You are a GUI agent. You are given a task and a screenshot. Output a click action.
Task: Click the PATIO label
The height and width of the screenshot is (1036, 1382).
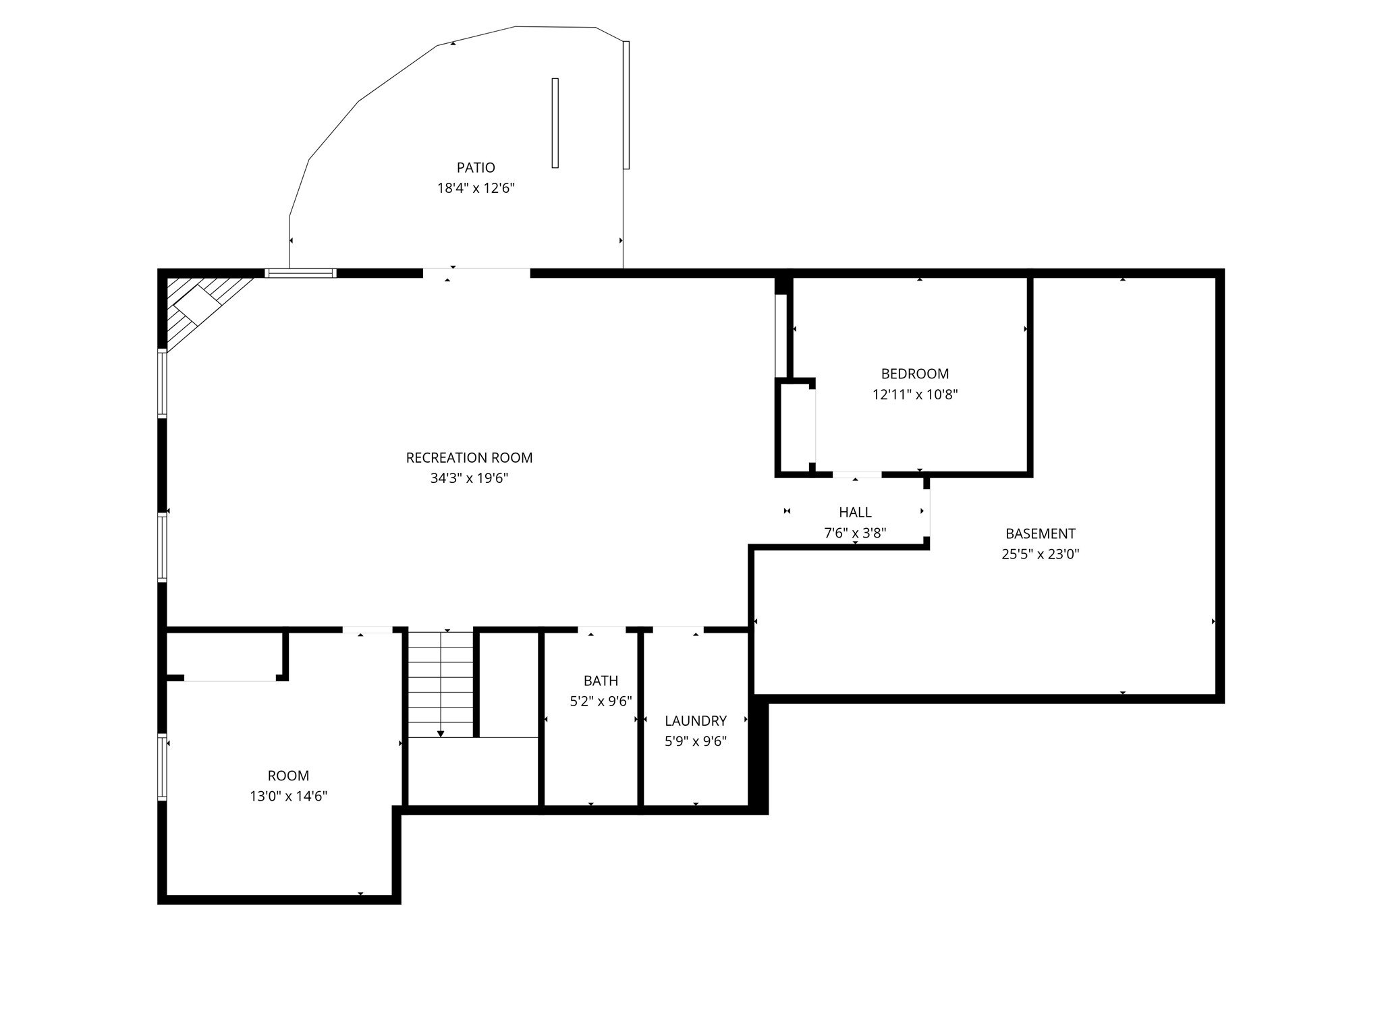pyautogui.click(x=476, y=167)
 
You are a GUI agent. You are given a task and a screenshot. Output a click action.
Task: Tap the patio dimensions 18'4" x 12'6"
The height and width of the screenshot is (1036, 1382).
pyautogui.click(x=476, y=188)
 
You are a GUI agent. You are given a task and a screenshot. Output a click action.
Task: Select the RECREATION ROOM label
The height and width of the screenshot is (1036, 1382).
pyautogui.click(x=469, y=458)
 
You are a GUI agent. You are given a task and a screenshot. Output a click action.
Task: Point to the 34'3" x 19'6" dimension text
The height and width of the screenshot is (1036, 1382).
pyautogui.click(x=469, y=479)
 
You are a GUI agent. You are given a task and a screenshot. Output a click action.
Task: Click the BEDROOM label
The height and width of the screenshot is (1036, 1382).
pyautogui.click(x=914, y=374)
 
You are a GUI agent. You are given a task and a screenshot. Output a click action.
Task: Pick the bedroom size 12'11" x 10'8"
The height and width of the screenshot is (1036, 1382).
pyautogui.click(x=914, y=395)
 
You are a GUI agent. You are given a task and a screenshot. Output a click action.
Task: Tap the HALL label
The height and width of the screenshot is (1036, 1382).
pyautogui.click(x=855, y=513)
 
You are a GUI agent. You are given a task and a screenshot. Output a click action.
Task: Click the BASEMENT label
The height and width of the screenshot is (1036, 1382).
pyautogui.click(x=1040, y=534)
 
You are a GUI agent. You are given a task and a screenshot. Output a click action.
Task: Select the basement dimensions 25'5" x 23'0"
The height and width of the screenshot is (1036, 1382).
pyautogui.click(x=1040, y=554)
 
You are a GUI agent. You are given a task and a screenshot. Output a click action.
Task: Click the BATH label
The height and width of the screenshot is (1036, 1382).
pyautogui.click(x=601, y=681)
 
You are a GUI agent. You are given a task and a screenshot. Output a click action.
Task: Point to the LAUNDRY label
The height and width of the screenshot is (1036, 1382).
pyautogui.click(x=695, y=721)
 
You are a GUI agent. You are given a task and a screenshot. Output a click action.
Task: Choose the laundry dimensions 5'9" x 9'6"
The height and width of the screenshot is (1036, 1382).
pyautogui.click(x=695, y=742)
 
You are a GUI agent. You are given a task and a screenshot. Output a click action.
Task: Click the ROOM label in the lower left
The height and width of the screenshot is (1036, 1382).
pyautogui.click(x=288, y=776)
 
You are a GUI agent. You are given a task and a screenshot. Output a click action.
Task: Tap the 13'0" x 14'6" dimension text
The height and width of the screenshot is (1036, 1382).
pyautogui.click(x=288, y=797)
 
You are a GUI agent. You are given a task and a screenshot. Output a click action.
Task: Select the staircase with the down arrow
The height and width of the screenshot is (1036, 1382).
pyautogui.click(x=441, y=685)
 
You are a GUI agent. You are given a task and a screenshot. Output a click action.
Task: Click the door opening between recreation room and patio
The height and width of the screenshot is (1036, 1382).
pyautogui.click(x=476, y=273)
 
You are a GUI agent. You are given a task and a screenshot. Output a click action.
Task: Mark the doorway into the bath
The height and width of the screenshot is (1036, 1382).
pyautogui.click(x=601, y=630)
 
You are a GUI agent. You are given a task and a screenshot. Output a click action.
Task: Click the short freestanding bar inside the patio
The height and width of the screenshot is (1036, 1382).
pyautogui.click(x=555, y=123)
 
